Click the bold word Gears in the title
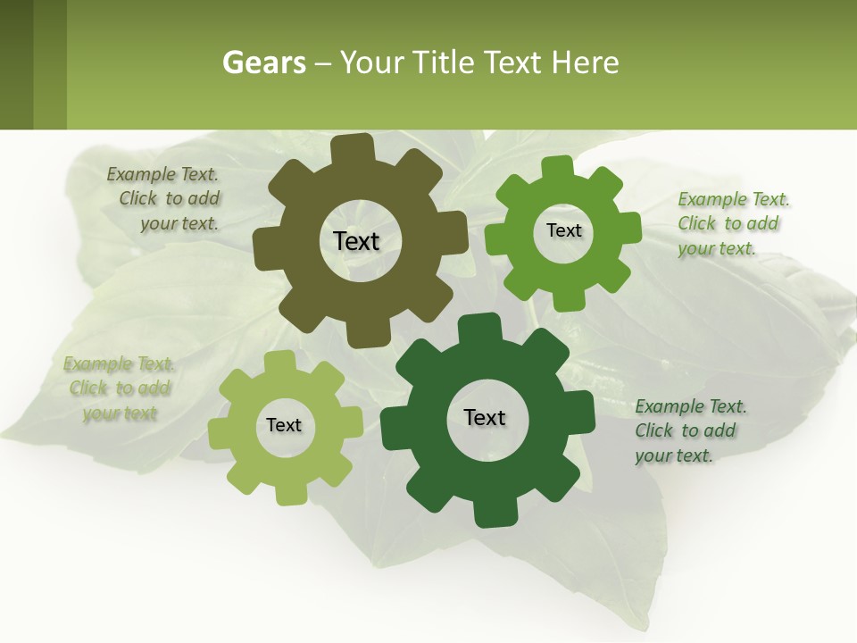tap(263, 63)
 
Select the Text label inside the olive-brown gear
tap(356, 241)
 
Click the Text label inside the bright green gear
tap(563, 230)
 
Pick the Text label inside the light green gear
tap(284, 425)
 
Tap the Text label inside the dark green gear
tap(485, 417)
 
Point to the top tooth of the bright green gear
tap(559, 168)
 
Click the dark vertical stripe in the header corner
tap(16, 64)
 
